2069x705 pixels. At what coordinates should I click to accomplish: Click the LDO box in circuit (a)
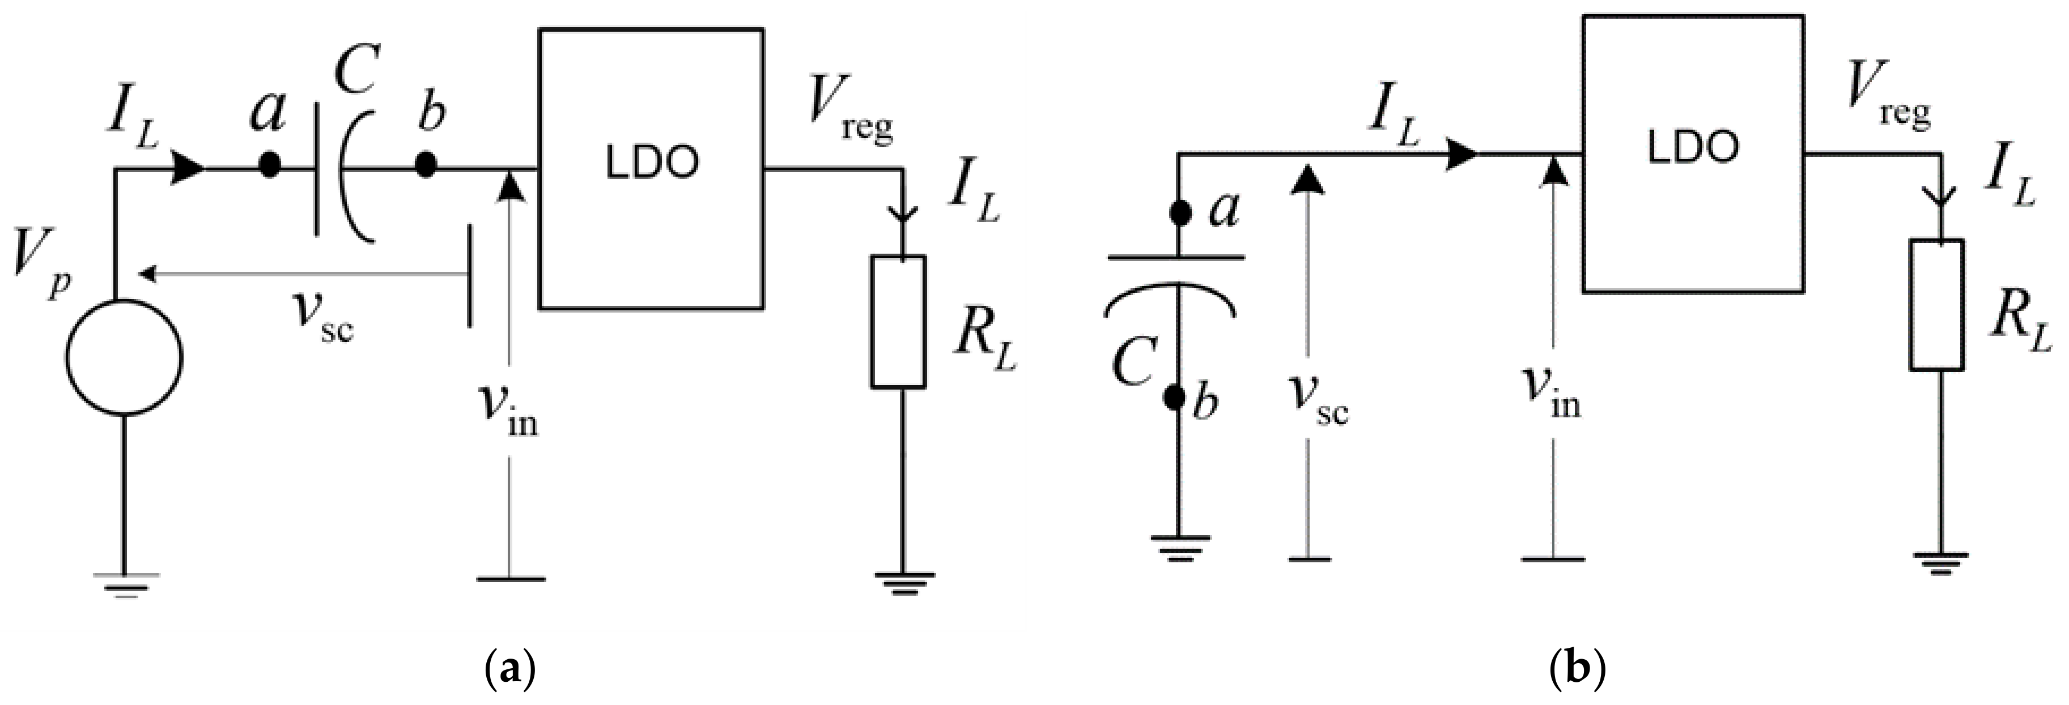651,169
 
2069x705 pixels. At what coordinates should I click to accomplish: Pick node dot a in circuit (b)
1180,213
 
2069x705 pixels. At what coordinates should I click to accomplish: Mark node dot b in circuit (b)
1176,398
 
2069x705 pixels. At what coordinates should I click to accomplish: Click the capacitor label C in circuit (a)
356,72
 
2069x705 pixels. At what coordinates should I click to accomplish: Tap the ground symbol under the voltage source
125,583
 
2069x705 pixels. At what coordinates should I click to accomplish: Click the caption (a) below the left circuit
510,668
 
